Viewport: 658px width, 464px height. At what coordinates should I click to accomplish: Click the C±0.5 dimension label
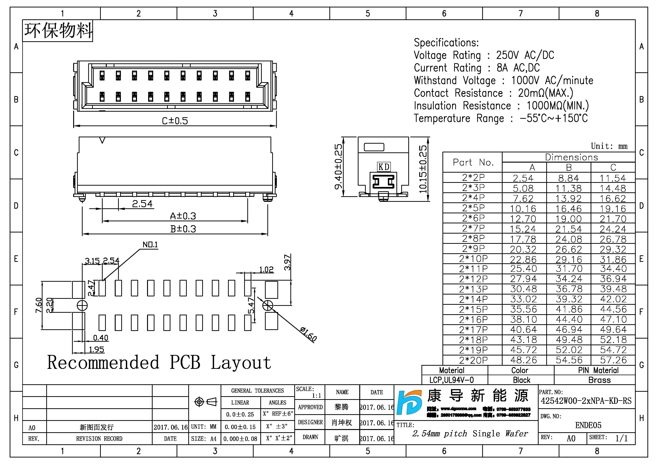pos(175,121)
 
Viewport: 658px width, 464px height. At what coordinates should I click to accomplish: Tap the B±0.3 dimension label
pos(183,229)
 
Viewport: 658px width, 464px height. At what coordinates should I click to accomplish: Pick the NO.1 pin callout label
pos(150,245)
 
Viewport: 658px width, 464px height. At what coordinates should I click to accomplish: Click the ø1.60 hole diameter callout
pos(308,334)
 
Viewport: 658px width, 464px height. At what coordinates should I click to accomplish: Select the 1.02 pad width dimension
pos(266,270)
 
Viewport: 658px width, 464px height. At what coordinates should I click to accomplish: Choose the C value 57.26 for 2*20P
pos(613,360)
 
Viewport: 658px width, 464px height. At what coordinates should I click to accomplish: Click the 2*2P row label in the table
pos(473,177)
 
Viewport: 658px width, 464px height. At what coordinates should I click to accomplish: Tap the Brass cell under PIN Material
pos(599,380)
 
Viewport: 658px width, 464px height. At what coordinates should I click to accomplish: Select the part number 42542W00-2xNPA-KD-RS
pos(586,401)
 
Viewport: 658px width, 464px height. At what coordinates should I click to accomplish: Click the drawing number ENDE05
pos(588,425)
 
